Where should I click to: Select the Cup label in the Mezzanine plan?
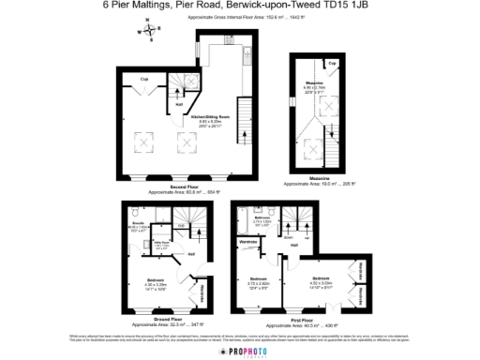point(332,63)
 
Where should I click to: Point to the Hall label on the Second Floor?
point(179,104)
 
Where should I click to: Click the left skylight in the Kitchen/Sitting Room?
point(146,142)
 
